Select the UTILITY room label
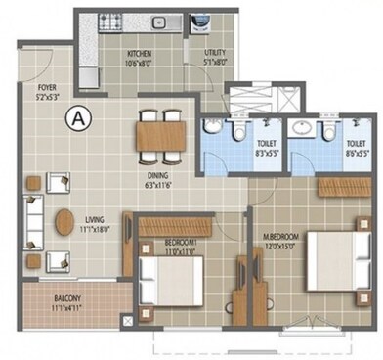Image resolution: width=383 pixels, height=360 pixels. (x=216, y=56)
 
